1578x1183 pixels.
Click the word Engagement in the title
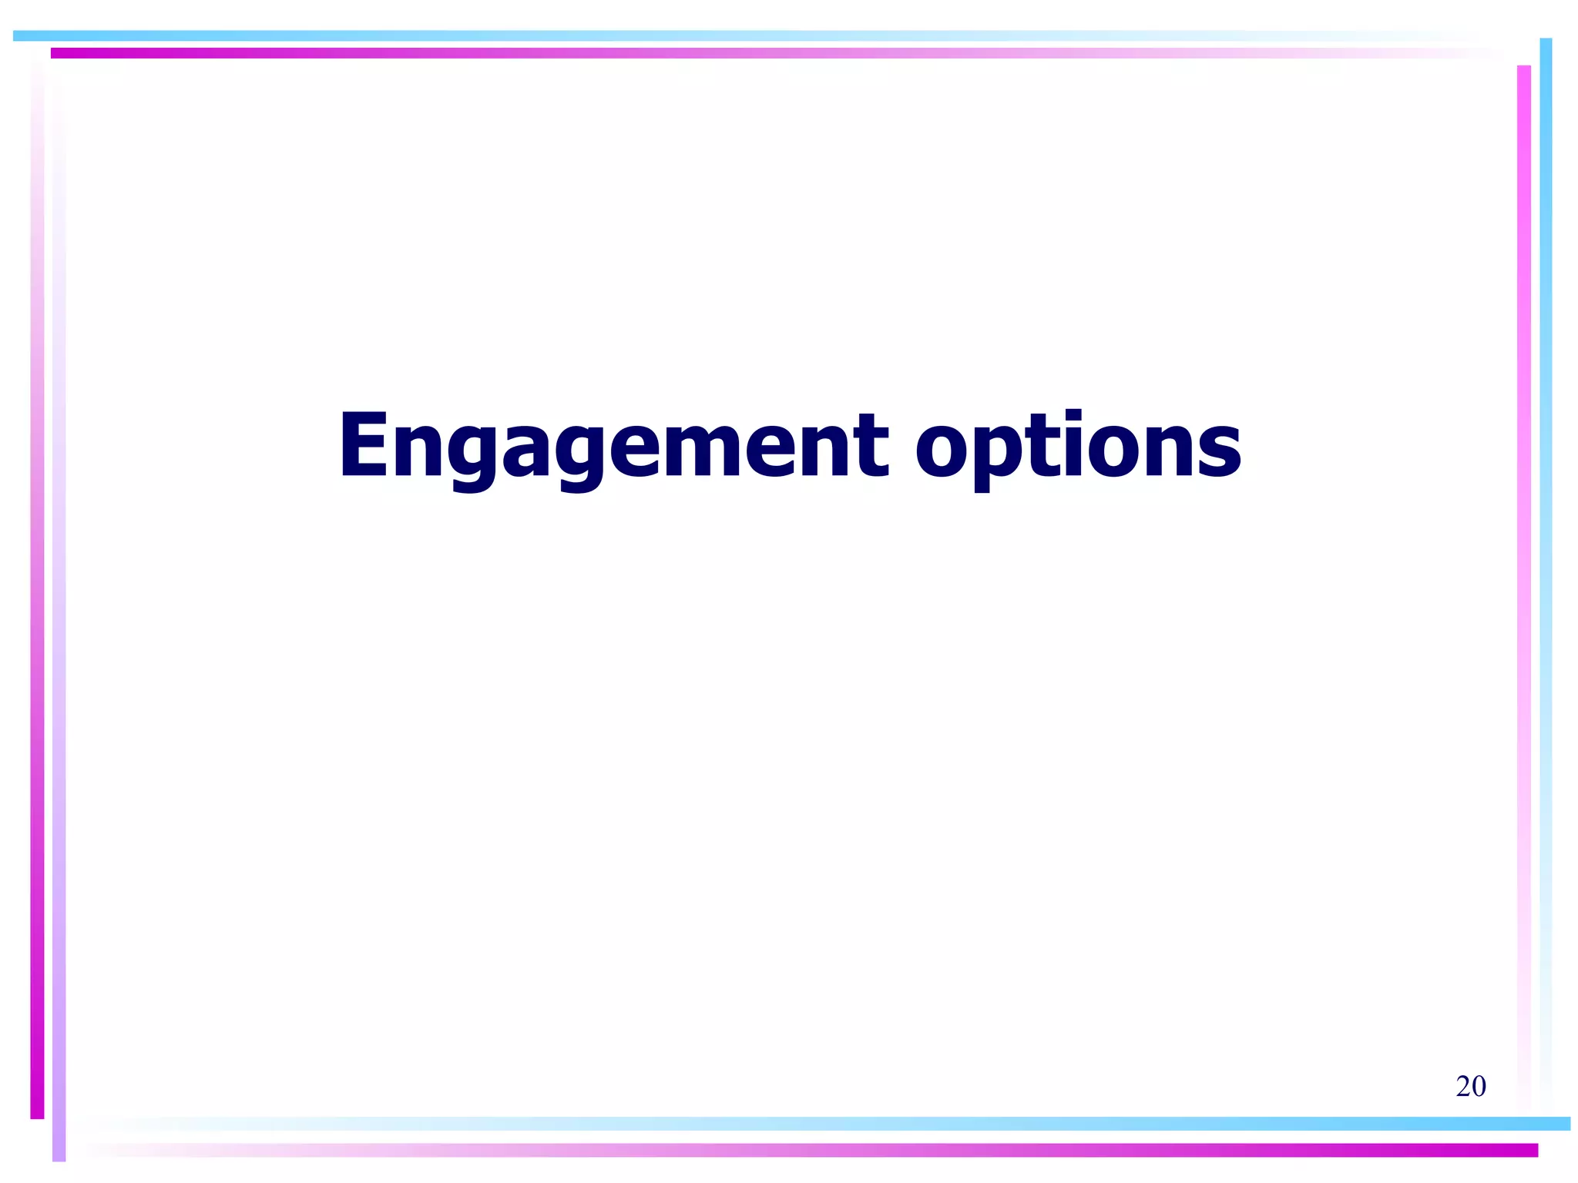click(x=613, y=447)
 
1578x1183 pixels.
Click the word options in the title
click(x=1078, y=447)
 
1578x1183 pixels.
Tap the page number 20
click(x=1470, y=1086)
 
